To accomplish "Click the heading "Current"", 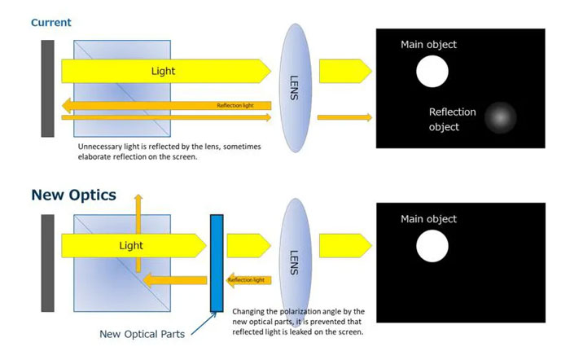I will coord(50,22).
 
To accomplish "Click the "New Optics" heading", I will coord(73,195).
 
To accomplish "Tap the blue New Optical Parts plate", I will coord(217,263).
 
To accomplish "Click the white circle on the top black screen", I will coord(432,72).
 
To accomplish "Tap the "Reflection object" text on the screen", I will coord(453,119).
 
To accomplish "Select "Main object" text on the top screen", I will coord(428,44).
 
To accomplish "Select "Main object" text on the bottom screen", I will coord(428,219).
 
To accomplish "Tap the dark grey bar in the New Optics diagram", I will coord(47,262).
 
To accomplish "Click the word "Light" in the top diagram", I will coord(163,71).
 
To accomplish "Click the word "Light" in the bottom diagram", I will coord(131,245).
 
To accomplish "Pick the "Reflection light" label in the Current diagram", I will coord(235,106).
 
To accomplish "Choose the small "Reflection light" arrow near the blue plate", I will coord(247,280).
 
